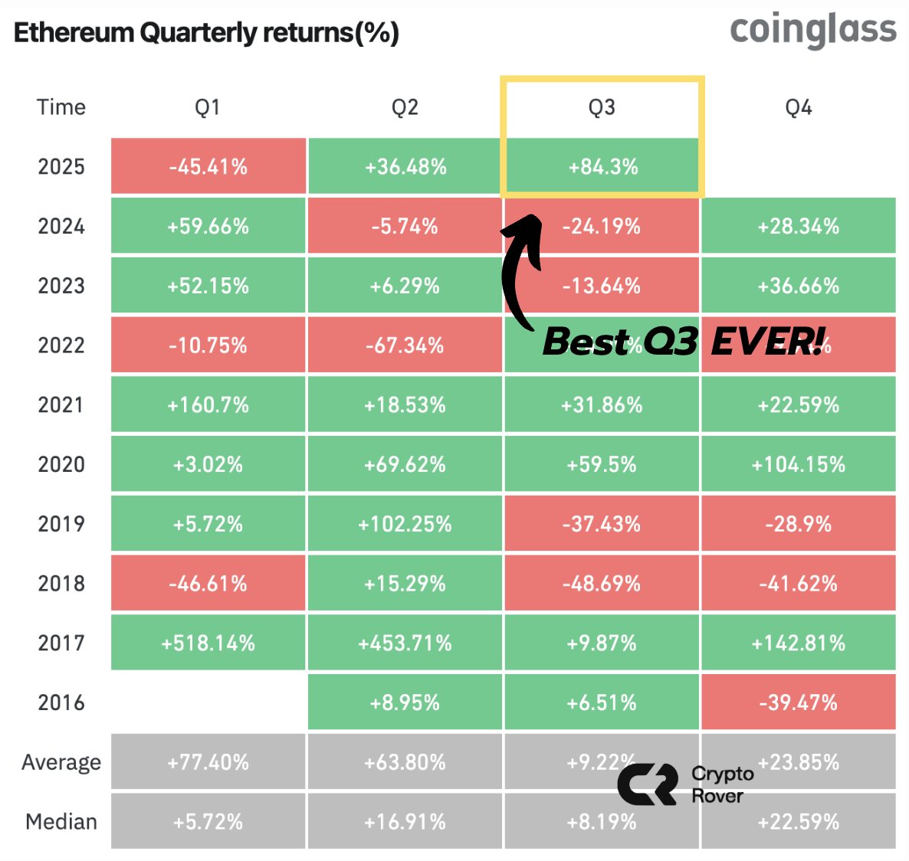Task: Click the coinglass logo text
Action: coord(812,31)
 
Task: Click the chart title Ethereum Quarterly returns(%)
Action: coord(206,33)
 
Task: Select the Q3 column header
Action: coord(602,107)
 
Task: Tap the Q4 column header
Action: coord(798,107)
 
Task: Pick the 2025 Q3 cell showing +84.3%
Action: coord(602,167)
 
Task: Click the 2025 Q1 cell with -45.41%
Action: coord(208,167)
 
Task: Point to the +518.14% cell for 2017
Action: coord(208,643)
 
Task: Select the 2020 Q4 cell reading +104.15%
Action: coord(798,464)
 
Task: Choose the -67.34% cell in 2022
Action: coord(405,345)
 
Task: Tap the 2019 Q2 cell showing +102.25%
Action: coord(405,524)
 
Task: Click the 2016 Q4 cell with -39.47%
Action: coord(798,702)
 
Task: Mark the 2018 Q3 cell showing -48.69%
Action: coord(602,584)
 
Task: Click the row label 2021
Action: coord(61,404)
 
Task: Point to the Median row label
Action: coord(61,822)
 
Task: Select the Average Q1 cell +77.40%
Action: coord(208,762)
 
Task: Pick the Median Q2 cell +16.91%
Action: coord(405,822)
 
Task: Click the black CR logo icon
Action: coord(648,784)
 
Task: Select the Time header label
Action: coord(61,107)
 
